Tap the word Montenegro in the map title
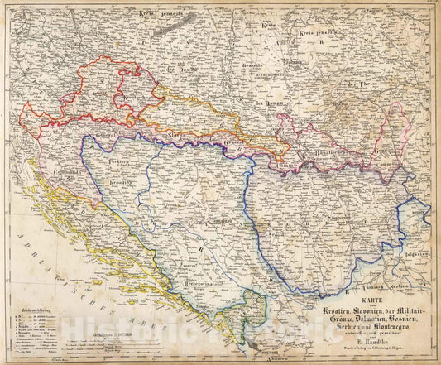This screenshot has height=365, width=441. point(382,325)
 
